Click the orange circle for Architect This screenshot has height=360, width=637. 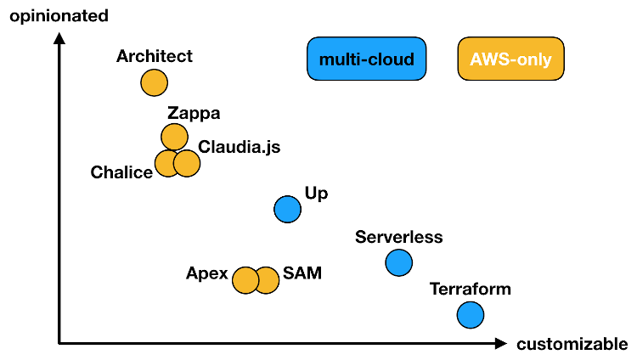pos(154,83)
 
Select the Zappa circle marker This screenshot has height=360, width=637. pos(174,136)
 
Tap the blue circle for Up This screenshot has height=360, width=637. pos(288,208)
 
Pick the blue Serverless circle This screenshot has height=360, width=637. pos(398,262)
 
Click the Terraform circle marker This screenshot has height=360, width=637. pos(470,315)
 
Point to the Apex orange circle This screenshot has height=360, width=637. pos(245,279)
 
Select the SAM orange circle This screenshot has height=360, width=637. pos(267,279)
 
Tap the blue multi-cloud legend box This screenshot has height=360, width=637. pos(366,59)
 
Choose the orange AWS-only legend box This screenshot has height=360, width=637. pos(510,59)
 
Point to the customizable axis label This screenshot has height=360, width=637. pos(572,344)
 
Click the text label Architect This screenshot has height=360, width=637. pos(155,57)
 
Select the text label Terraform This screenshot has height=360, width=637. pos(471,289)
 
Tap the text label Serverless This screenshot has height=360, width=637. pos(399,237)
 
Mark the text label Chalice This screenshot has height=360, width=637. pos(121,172)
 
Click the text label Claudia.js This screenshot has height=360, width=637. pos(239,147)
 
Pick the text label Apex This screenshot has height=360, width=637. pos(207,273)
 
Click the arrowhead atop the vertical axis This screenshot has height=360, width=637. pos(59,37)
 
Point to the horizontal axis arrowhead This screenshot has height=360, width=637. pos(501,343)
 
